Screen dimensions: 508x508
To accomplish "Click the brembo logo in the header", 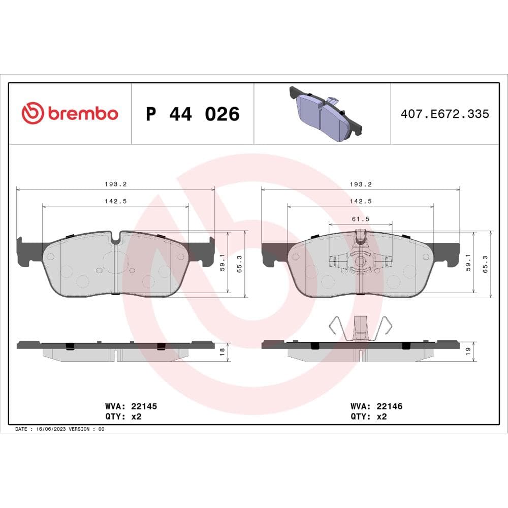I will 70,113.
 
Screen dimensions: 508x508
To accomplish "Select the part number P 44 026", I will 193,114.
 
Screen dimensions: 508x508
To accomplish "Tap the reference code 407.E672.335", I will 444,114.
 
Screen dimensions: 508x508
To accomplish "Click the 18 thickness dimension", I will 222,352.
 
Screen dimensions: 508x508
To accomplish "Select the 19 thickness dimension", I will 468,351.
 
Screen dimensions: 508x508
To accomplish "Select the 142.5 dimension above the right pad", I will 361,201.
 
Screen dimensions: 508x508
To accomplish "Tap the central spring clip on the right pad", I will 361,261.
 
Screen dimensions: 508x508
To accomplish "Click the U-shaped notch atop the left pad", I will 116,238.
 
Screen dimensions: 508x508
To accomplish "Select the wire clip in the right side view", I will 360,329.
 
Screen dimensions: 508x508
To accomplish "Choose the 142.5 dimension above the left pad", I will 115,201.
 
